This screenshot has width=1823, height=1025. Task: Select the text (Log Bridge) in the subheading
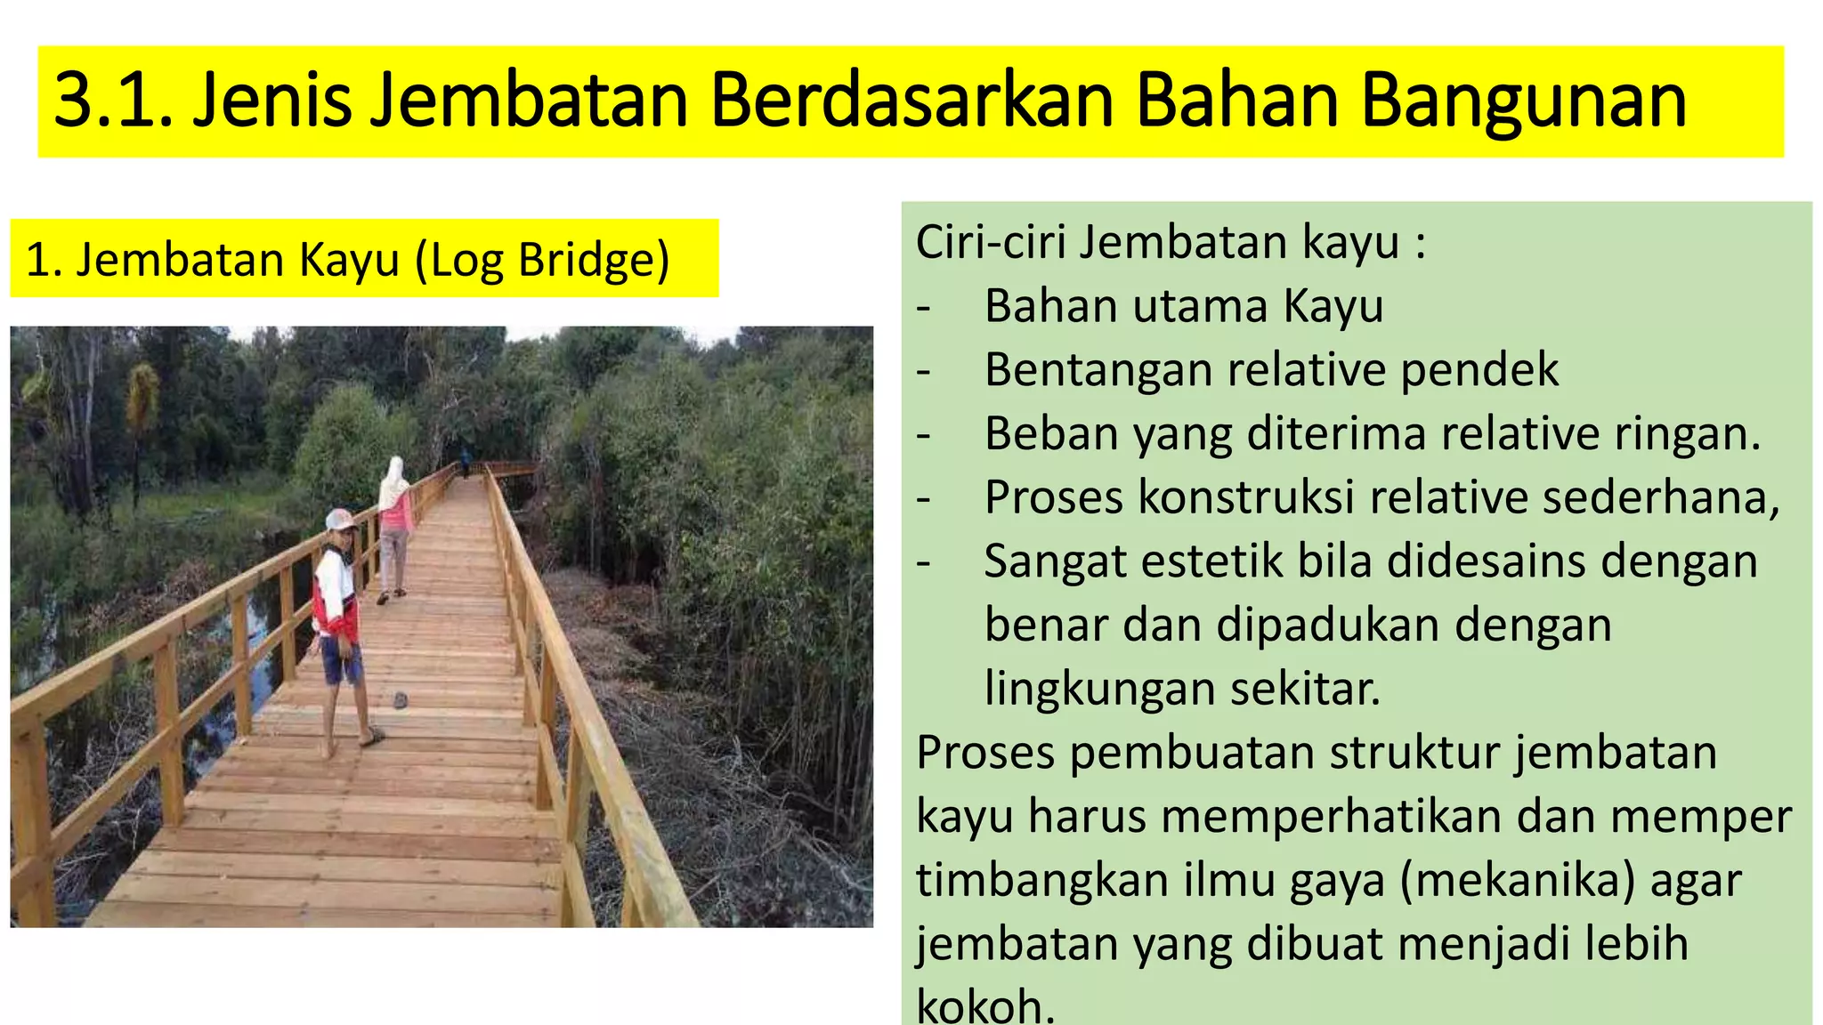coord(542,261)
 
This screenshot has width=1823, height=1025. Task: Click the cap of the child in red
coord(339,519)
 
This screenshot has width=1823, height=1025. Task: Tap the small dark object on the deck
coord(401,700)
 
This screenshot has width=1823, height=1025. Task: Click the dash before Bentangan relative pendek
coord(924,370)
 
